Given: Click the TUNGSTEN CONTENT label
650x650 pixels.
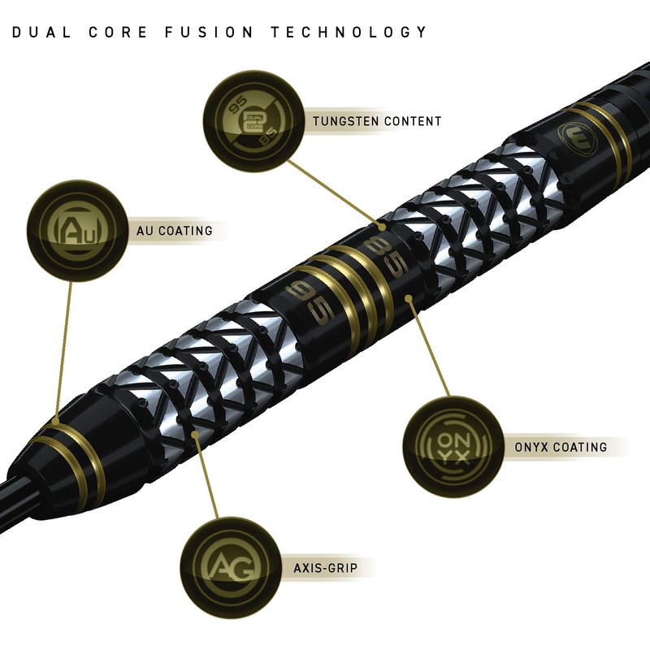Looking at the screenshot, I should (x=377, y=121).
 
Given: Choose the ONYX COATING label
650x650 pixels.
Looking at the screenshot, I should (x=561, y=446).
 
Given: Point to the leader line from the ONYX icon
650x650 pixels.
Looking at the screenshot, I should (x=431, y=349).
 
